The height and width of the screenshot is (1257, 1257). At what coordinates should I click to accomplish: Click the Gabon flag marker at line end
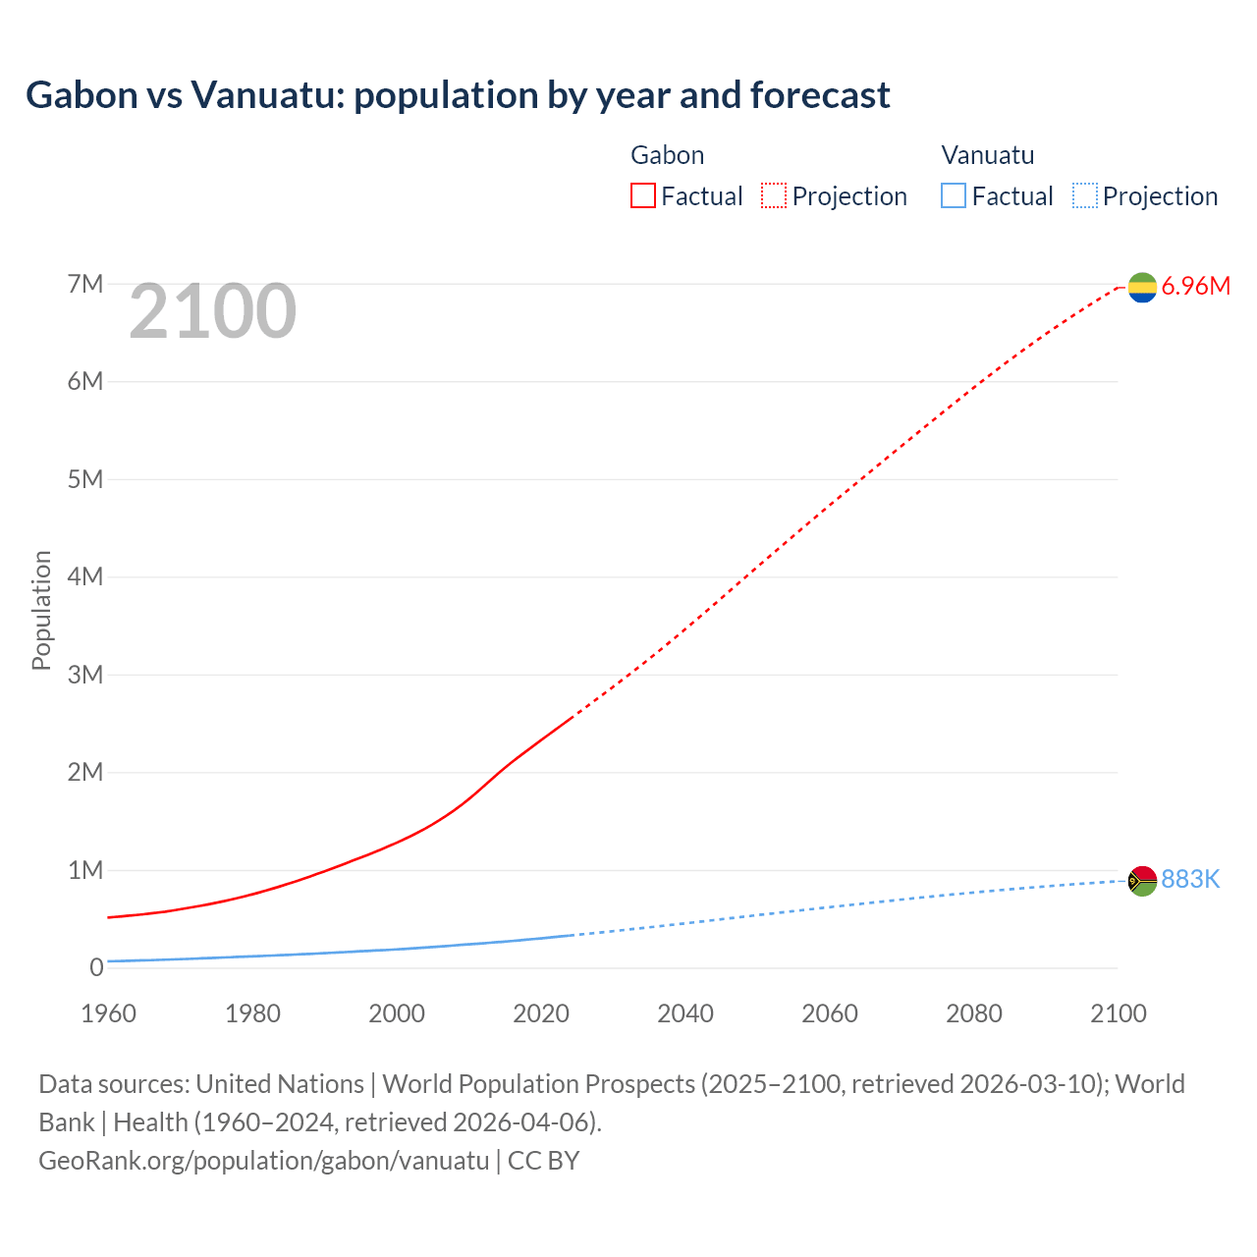pos(1142,287)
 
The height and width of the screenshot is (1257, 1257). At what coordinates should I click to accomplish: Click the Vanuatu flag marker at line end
pos(1142,881)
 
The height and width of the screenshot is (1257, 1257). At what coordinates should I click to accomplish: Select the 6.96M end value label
pos(1195,287)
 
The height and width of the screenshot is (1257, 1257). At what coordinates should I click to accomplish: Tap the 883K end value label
pos(1190,880)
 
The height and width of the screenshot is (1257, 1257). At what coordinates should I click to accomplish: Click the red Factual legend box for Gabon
pos(642,196)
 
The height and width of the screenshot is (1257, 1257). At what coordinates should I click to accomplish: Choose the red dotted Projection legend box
pos(774,196)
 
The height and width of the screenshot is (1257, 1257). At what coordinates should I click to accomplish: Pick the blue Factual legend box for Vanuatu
pos(953,196)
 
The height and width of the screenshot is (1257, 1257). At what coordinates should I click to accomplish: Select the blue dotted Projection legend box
pos(1084,196)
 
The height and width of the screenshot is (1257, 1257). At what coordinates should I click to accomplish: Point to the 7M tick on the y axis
pos(85,285)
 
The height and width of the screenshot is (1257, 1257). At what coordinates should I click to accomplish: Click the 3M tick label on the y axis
pos(85,675)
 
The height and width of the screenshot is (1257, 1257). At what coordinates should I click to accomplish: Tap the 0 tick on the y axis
pos(96,968)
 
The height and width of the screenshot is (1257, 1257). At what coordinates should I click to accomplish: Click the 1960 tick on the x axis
pos(108,1013)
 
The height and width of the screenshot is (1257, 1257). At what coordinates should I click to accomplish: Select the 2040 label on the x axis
pos(685,1013)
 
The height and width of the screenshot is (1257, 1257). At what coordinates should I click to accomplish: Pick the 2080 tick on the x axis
pos(974,1013)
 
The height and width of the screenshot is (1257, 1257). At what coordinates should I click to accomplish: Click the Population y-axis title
pos(41,610)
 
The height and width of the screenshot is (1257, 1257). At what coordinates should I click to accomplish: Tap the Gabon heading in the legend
pos(667,155)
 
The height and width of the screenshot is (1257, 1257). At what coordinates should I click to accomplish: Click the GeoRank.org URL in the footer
pos(263,1161)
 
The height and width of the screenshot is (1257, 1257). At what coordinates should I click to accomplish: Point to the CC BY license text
pos(543,1161)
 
